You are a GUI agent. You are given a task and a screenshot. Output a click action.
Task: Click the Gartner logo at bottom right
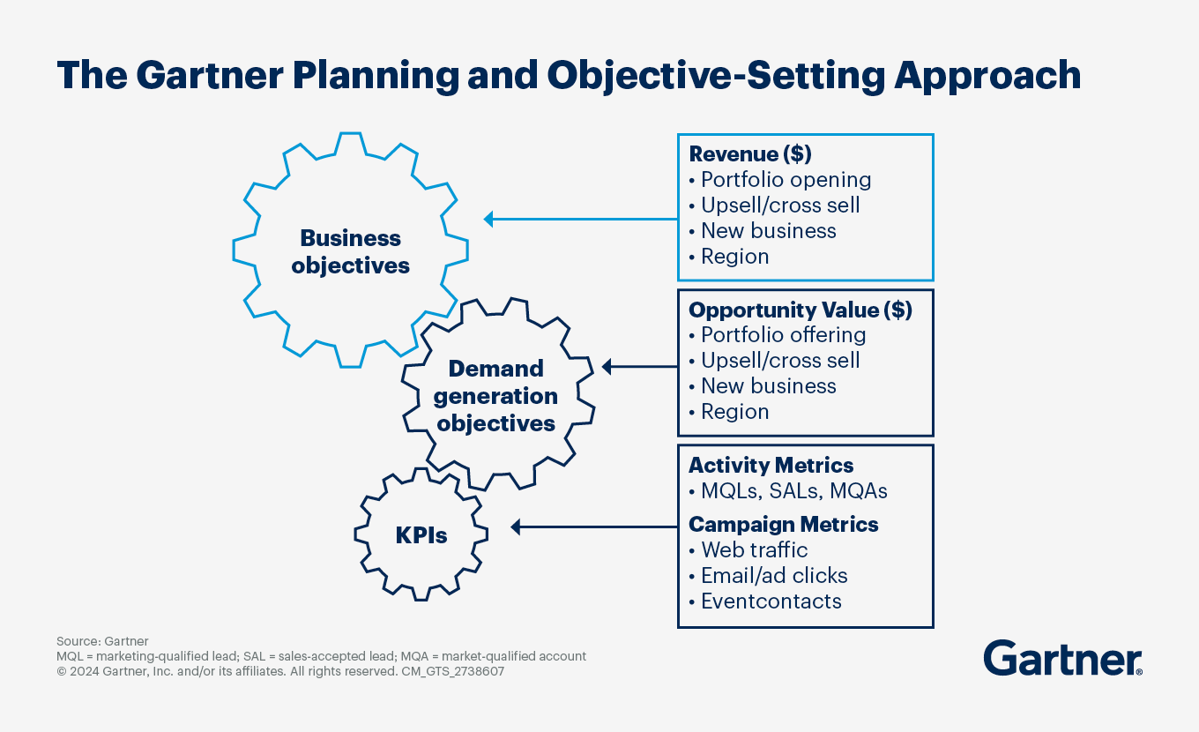click(x=1062, y=659)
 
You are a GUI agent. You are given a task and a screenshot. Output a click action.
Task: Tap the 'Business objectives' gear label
click(x=351, y=251)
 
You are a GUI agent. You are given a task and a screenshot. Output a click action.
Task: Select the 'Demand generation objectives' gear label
click(x=496, y=395)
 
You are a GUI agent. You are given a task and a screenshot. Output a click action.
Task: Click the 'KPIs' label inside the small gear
click(x=421, y=534)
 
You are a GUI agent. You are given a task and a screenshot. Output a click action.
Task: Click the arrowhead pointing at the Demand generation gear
click(x=607, y=365)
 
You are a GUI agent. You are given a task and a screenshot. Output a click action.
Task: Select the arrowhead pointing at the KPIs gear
click(x=517, y=527)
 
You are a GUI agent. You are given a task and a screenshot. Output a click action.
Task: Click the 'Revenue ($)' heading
click(x=750, y=153)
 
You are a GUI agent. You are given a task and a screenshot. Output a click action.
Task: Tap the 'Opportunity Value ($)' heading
click(x=800, y=310)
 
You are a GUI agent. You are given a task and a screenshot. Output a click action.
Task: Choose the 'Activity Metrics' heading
click(x=771, y=465)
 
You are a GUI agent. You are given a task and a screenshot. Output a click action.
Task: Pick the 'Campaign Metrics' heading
click(x=783, y=524)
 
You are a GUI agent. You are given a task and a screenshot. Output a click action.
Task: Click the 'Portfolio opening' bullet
click(x=785, y=179)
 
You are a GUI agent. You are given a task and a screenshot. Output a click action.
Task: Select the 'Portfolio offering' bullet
click(x=782, y=335)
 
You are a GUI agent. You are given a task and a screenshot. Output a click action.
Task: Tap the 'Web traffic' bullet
click(x=753, y=549)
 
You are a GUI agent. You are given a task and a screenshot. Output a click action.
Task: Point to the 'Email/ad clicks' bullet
click(x=773, y=575)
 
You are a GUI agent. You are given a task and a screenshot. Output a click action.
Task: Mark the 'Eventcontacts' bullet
click(x=770, y=601)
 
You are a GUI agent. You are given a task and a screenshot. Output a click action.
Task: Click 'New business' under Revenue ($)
click(x=767, y=230)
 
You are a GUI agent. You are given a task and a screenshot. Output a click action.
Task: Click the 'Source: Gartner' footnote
click(x=102, y=641)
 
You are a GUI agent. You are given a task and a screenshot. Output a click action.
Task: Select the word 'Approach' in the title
click(x=987, y=75)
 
